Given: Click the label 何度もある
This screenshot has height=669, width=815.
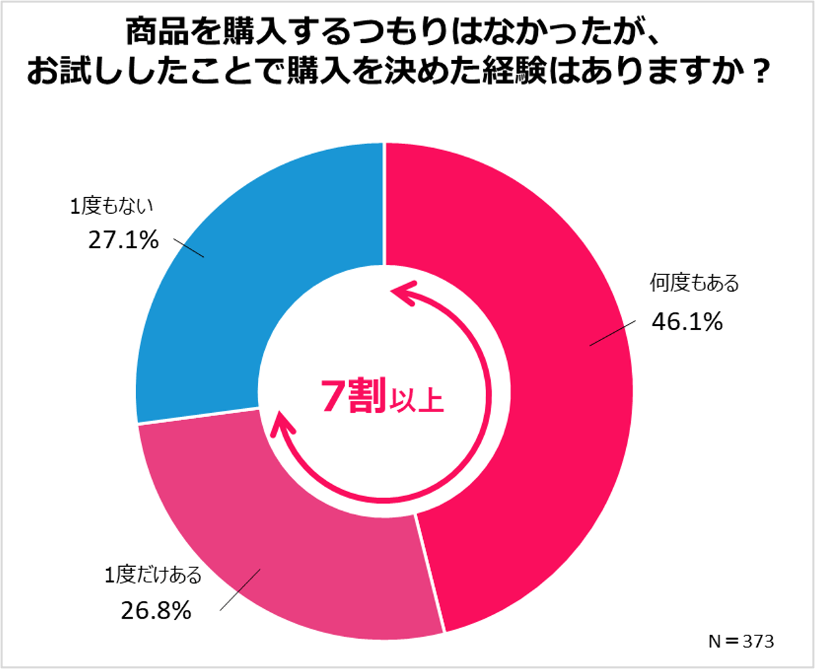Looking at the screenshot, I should click(694, 283).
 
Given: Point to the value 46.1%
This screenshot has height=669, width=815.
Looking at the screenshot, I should click(687, 322).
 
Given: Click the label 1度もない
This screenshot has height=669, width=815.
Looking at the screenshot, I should click(112, 206).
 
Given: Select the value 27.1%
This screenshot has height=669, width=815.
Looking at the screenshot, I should click(123, 240).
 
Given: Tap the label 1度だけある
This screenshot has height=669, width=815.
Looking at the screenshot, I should click(153, 576).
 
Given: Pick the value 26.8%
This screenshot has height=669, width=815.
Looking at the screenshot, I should click(156, 611).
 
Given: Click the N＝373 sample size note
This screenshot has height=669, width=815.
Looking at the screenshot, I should click(740, 641).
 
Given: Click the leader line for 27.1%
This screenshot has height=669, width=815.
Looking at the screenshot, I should click(188, 247).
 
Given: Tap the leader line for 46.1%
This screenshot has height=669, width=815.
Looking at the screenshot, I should click(612, 333).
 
